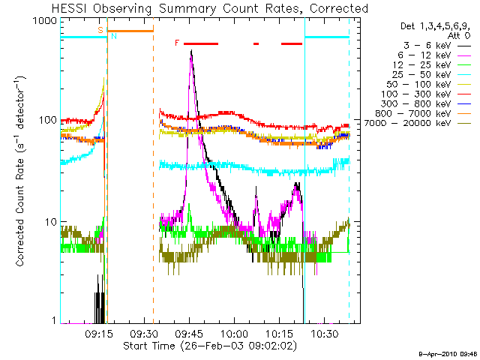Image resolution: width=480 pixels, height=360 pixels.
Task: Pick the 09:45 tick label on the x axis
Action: (x=188, y=334)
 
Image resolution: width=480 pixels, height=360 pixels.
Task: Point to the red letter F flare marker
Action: (x=177, y=43)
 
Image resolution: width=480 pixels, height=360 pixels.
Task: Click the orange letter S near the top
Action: (x=100, y=30)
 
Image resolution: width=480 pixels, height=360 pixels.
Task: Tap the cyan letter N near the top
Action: (x=113, y=36)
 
